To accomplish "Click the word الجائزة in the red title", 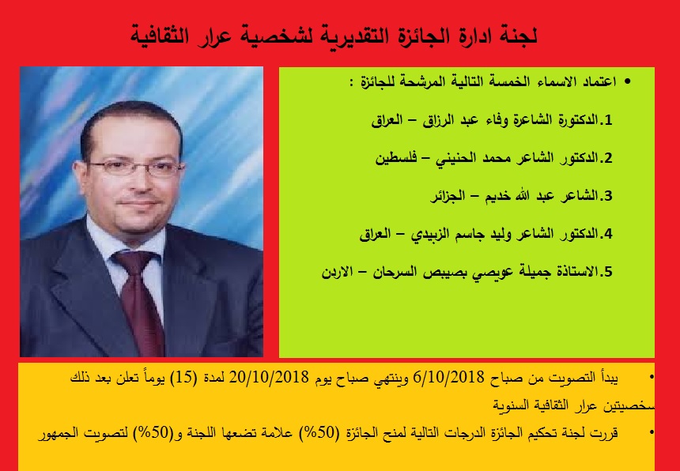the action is tap(406, 35).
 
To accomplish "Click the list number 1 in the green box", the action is tap(608, 120).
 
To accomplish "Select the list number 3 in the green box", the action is tap(608, 196).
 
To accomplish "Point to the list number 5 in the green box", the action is tap(608, 272).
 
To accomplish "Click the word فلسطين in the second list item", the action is tap(395, 158).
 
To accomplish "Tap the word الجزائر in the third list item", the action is tap(447, 196).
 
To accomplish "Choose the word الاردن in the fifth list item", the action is tap(338, 273).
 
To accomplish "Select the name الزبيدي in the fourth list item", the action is tap(429, 235).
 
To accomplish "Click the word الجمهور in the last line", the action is tap(59, 432).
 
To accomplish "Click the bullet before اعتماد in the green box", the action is tap(627, 82).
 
